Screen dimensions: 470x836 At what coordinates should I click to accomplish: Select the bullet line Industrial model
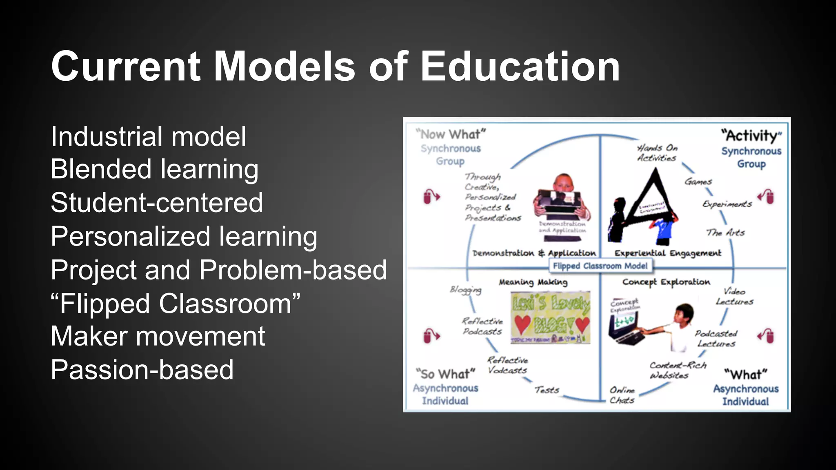(149, 137)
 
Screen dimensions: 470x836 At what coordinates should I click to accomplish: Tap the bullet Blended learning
(154, 169)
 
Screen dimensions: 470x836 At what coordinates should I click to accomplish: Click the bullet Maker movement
(158, 337)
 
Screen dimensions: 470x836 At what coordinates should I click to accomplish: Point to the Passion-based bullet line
(142, 370)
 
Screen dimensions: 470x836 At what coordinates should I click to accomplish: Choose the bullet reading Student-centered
(157, 203)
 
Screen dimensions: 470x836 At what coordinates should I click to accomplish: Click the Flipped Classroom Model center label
(600, 266)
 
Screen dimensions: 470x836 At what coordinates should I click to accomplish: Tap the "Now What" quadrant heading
(451, 134)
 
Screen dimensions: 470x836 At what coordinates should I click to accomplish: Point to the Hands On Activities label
(657, 153)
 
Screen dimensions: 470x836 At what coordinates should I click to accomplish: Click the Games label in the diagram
(698, 182)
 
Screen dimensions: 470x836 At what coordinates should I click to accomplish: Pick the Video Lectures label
(734, 297)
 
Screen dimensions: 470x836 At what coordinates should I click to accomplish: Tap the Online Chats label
(622, 395)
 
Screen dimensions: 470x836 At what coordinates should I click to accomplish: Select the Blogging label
(465, 290)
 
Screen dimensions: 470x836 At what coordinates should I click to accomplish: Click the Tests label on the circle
(547, 390)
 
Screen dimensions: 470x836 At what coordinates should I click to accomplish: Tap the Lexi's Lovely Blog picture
(550, 317)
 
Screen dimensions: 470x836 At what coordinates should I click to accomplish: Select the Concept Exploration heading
(666, 282)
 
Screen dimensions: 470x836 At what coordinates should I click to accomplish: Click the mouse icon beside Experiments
(766, 197)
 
